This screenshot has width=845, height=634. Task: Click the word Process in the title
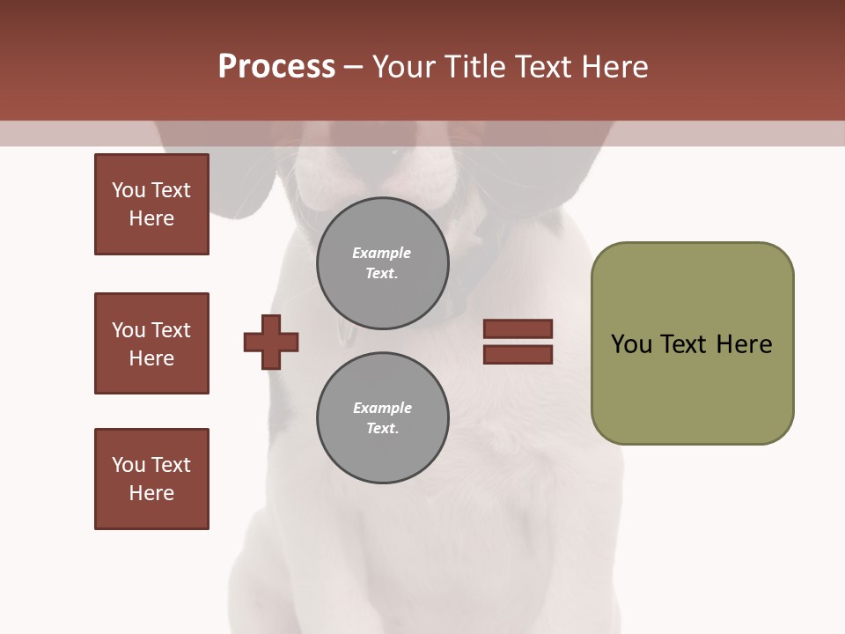[276, 67]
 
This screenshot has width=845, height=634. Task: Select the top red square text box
[151, 204]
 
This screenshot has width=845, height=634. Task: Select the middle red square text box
[151, 343]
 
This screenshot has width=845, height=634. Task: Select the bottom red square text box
[151, 479]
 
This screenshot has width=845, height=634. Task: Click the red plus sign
[271, 342]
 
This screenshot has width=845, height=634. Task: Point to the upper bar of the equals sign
[518, 328]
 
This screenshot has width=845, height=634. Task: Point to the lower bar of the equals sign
[518, 355]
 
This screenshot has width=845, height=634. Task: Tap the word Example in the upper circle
[382, 253]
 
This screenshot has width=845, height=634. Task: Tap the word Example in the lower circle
[382, 408]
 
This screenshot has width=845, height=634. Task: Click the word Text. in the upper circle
[382, 273]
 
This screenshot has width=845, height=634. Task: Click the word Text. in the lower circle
[382, 428]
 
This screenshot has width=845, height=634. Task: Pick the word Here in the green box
[744, 343]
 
